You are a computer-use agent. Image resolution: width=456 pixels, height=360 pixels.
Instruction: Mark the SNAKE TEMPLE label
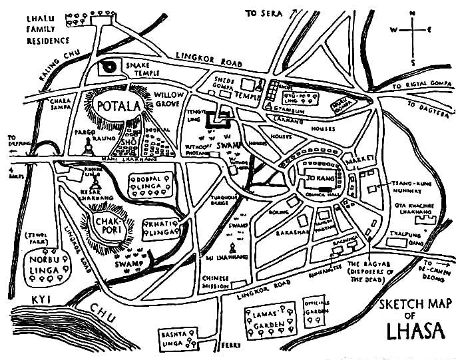(x=140, y=71)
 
